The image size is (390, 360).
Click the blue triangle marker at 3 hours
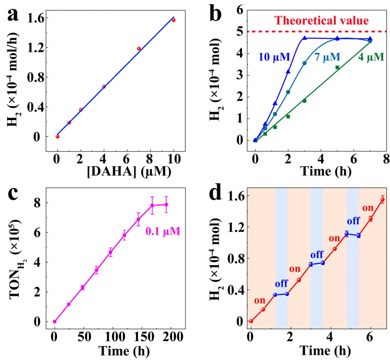[305, 38]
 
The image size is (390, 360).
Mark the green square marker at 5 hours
[337, 67]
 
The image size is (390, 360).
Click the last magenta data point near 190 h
[166, 204]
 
